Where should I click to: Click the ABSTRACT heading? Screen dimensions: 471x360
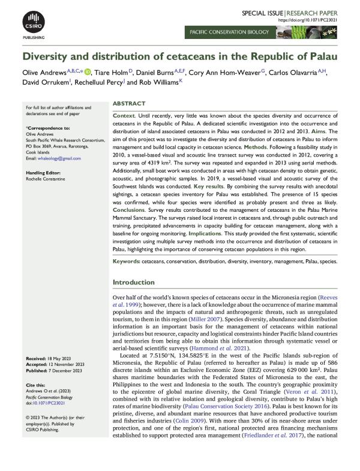(128, 104)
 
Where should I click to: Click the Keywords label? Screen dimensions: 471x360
(126, 279)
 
